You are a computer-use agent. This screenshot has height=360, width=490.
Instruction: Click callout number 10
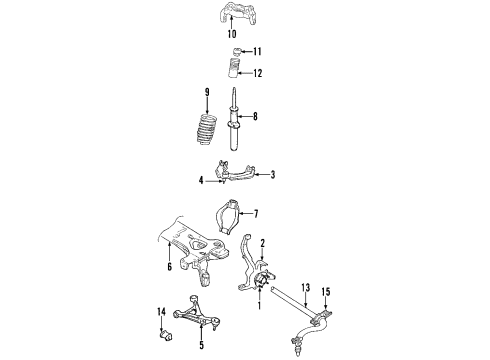(x=232, y=34)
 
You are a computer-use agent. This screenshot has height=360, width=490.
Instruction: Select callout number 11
(x=257, y=51)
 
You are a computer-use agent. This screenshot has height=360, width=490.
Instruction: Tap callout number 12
(x=258, y=72)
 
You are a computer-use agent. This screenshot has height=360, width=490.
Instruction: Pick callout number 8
(x=255, y=116)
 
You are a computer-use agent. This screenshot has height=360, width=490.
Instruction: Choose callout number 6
(x=170, y=267)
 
